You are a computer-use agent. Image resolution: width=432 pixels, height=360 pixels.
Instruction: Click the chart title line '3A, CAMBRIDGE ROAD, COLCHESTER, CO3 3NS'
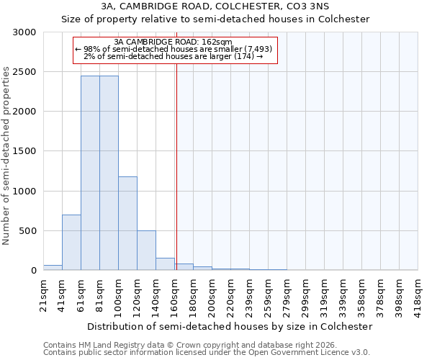pyautogui.click(x=216, y=6)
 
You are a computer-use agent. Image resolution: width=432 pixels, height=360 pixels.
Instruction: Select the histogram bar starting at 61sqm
pyautogui.click(x=90, y=173)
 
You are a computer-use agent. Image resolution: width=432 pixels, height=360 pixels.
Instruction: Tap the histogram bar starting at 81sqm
pyautogui.click(x=109, y=173)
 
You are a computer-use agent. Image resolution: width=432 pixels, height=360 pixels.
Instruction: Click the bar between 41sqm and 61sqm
pyautogui.click(x=71, y=243)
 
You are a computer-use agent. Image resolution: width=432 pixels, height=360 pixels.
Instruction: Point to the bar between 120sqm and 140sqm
pyautogui.click(x=146, y=251)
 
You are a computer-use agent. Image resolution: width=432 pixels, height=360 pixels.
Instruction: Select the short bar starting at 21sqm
pyautogui.click(x=53, y=267)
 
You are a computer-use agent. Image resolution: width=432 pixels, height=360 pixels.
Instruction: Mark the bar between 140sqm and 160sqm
pyautogui.click(x=165, y=264)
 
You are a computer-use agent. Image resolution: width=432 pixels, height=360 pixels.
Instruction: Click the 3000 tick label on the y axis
pyautogui.click(x=24, y=32)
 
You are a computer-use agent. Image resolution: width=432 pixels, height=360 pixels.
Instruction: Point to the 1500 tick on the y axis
pyautogui.click(x=24, y=151)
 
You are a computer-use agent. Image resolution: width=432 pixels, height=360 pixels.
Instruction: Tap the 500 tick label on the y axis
pyautogui.click(x=27, y=231)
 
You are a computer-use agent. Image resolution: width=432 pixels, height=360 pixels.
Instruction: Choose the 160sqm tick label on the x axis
pyautogui.click(x=174, y=294)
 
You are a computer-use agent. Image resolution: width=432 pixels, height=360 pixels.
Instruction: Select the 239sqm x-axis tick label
pyautogui.click(x=249, y=294)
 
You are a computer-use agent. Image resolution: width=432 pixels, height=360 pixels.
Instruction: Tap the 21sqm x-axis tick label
pyautogui.click(x=43, y=294)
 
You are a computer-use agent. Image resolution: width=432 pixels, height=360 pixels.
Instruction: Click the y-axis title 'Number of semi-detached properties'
pyautogui.click(x=7, y=156)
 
